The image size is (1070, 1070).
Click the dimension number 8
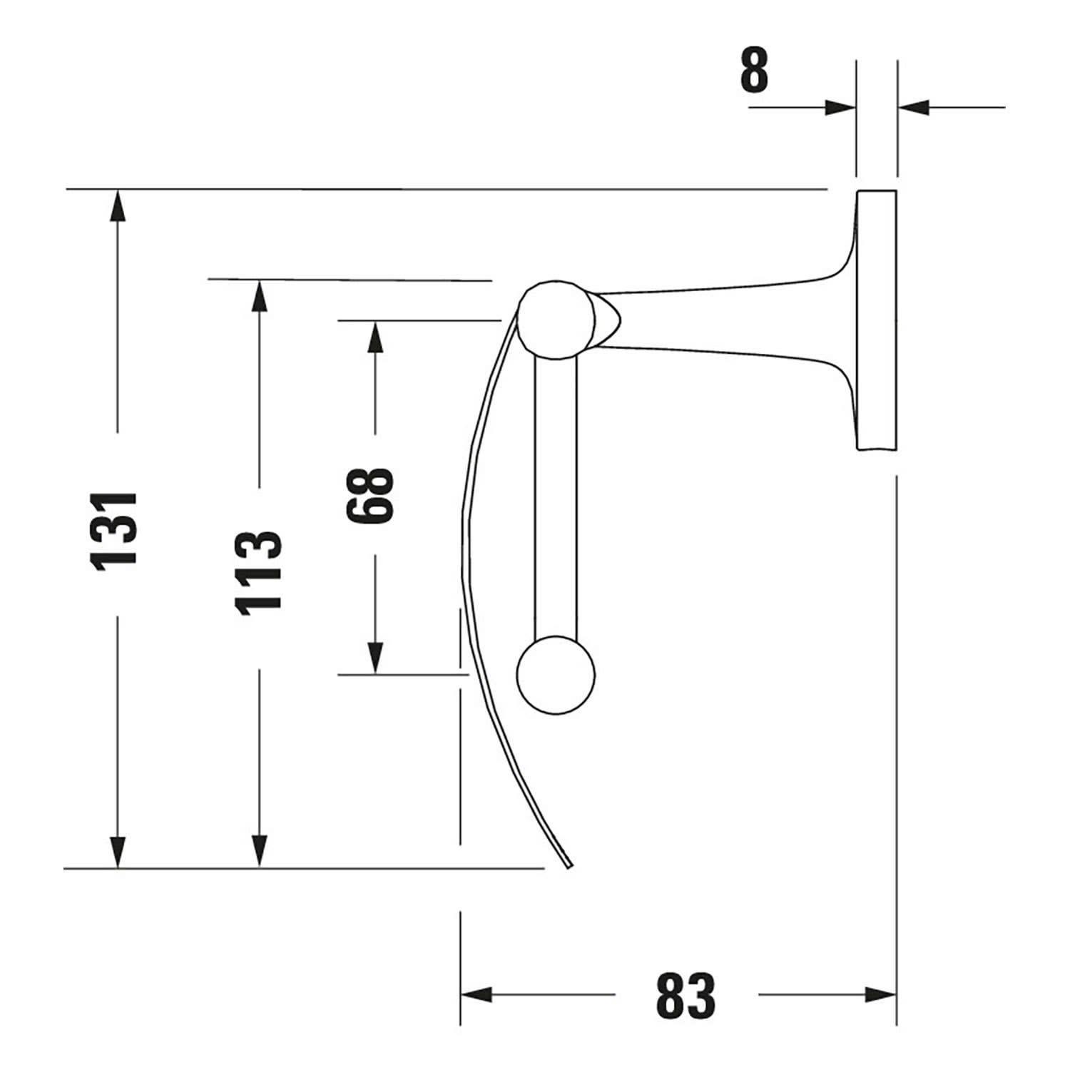point(755,71)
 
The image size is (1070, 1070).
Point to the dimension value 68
point(371,496)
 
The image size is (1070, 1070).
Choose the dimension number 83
point(686,996)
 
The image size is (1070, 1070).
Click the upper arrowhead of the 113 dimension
point(260,295)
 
